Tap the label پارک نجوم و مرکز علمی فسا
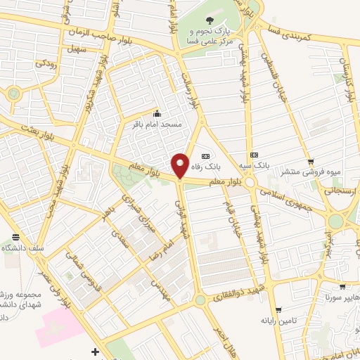(x=210, y=37)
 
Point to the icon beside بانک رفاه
(x=205, y=156)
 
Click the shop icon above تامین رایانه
(x=279, y=310)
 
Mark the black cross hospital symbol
(x=96, y=351)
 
